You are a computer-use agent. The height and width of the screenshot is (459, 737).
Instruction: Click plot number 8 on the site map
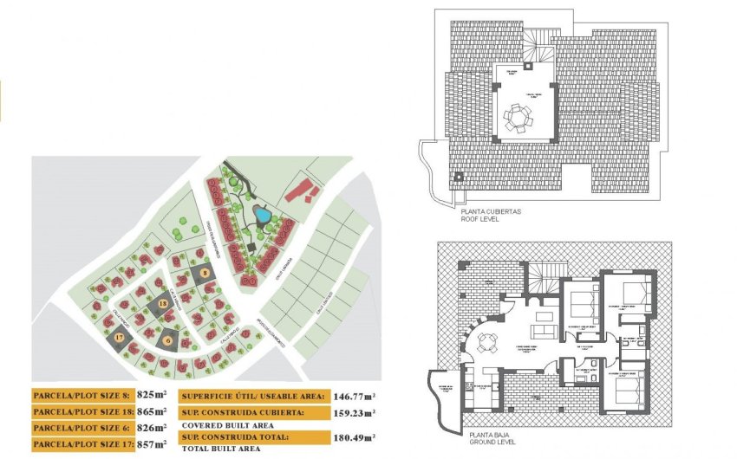click(205, 274)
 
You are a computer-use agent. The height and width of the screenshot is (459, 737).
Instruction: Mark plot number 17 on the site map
click(119, 337)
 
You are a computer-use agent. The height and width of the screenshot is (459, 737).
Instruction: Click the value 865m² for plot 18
click(154, 412)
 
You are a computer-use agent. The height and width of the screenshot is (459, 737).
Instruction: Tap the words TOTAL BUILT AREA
click(221, 452)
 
